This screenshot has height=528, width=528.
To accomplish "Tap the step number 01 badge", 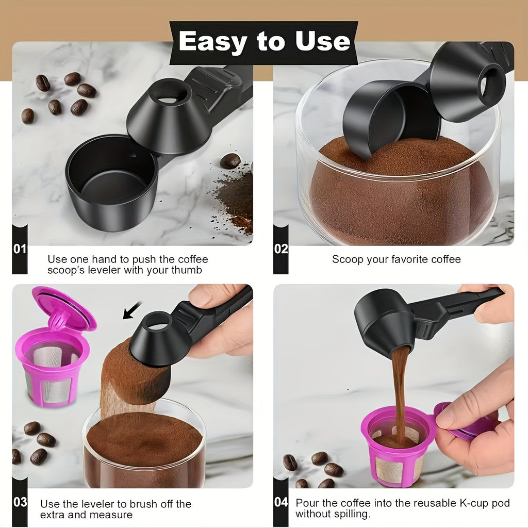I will click(x=20, y=250).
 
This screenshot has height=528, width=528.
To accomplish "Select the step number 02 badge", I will click(x=281, y=250).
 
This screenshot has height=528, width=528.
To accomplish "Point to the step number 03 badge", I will click(x=20, y=502).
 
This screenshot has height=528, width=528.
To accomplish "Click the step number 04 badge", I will click(x=281, y=502).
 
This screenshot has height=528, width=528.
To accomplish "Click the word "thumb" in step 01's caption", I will click(x=188, y=270).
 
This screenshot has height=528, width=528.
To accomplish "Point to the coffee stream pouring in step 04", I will click(x=399, y=392).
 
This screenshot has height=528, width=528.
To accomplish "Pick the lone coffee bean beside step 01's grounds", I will click(x=230, y=161).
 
